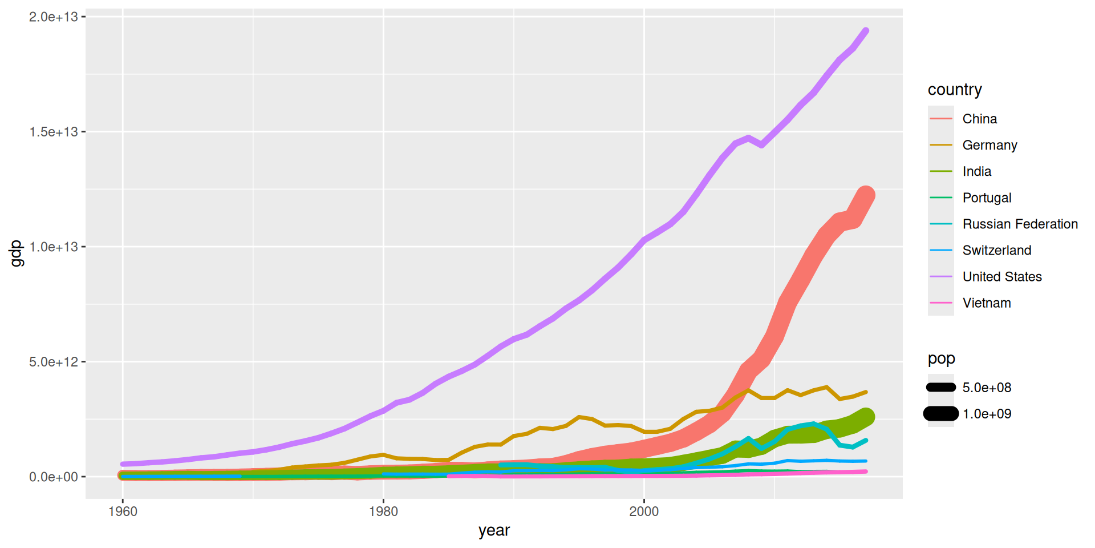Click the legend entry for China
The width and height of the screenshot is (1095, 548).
coord(979,119)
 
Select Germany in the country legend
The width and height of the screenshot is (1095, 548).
coord(989,145)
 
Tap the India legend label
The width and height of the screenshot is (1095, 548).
coord(976,171)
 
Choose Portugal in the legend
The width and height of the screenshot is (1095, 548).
coord(987,198)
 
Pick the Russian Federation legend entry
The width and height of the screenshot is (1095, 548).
coord(1020,224)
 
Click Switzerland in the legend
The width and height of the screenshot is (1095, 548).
coord(996,250)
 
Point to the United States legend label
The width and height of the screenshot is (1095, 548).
coord(1001,276)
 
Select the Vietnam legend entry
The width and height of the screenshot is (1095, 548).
coord(987,303)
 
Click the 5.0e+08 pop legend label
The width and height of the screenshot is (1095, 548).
coord(987,388)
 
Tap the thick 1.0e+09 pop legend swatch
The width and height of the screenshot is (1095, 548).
coord(941,414)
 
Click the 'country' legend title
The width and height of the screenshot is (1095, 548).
coord(955,90)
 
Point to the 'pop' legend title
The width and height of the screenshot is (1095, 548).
coord(941,358)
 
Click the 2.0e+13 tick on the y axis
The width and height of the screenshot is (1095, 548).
coord(54,17)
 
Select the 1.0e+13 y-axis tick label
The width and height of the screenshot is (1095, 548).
coord(54,247)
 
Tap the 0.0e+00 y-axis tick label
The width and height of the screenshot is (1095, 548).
coord(54,477)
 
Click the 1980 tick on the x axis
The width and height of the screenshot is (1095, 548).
coord(383,511)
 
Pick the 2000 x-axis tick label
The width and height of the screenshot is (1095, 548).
coord(644,511)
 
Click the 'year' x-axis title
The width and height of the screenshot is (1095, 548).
coord(494,530)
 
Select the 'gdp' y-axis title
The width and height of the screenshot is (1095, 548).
coord(17,253)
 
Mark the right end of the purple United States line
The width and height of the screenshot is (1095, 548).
coord(866,31)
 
